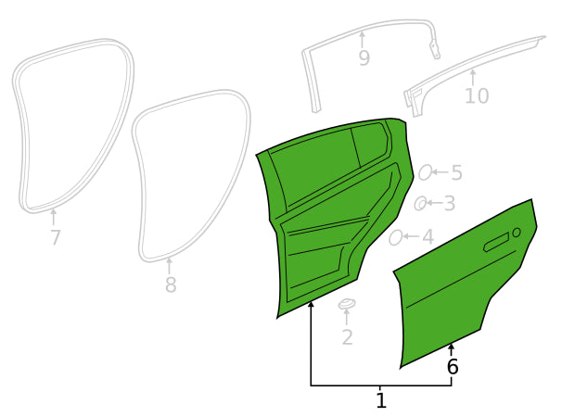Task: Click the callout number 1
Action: [x=381, y=401]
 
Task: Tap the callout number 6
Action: [x=453, y=367]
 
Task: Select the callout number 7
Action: [x=56, y=237]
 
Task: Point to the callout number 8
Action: [x=171, y=284]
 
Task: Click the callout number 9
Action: [x=364, y=58]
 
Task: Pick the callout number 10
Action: [x=477, y=95]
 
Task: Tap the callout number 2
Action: [x=347, y=337]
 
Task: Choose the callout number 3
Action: [x=450, y=204]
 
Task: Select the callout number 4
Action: [x=428, y=237]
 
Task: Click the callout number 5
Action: [x=456, y=172]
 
